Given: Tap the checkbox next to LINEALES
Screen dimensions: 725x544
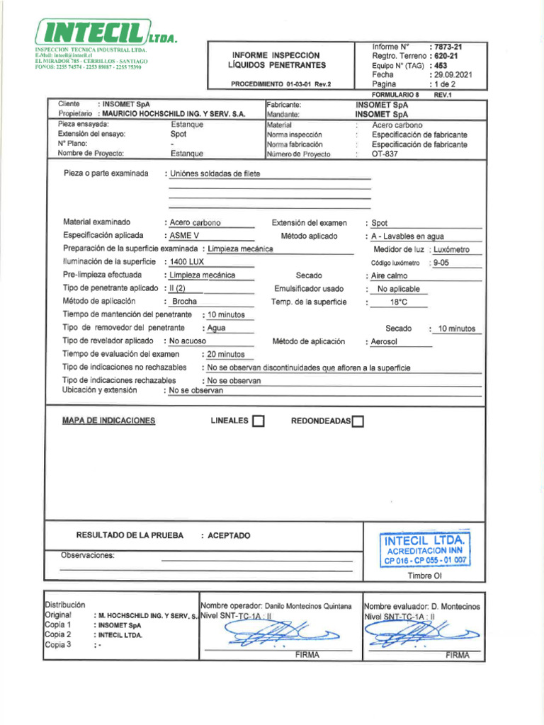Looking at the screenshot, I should [x=259, y=422].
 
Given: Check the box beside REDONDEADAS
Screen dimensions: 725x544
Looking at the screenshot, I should [x=358, y=422].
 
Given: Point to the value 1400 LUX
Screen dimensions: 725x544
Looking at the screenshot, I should [x=187, y=262].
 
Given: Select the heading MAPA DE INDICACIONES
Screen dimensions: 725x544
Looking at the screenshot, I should [x=108, y=421].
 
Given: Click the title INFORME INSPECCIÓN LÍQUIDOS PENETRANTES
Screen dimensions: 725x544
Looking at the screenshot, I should [x=276, y=60].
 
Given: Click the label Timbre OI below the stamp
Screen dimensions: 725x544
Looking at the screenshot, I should [x=424, y=576].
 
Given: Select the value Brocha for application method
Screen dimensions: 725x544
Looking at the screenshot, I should [x=185, y=302].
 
